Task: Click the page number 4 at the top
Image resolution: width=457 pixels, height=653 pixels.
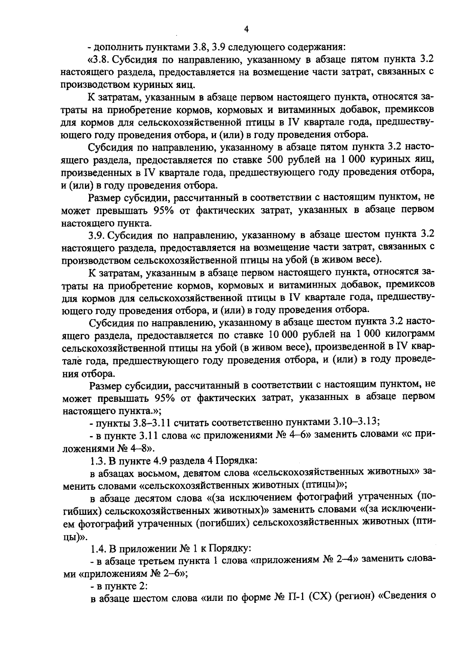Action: (x=246, y=29)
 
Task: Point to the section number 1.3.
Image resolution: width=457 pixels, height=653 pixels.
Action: (x=98, y=460)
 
